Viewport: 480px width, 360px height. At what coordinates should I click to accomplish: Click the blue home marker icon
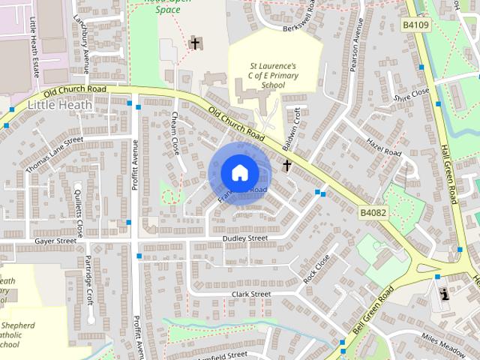239,172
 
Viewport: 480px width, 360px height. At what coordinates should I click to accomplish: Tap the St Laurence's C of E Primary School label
274,76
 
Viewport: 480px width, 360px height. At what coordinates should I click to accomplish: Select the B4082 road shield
373,213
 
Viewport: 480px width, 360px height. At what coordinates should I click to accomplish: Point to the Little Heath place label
60,105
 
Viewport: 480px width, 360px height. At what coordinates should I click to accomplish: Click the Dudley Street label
244,238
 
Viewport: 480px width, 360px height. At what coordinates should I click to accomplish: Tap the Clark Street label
250,294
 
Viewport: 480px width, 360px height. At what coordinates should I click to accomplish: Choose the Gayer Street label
55,241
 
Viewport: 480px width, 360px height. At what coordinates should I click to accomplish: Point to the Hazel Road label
385,145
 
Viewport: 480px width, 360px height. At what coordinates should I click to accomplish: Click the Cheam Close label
175,133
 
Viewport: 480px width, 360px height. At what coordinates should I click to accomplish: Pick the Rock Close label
316,268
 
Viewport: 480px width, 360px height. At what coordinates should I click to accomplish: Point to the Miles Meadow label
443,341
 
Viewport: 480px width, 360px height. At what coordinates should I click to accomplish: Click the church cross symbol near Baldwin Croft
286,165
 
